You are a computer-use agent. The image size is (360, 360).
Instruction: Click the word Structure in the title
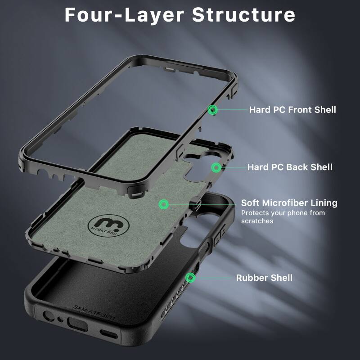(243, 14)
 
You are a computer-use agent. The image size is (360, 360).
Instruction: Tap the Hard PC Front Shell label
(292, 109)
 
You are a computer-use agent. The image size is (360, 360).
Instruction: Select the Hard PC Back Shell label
(290, 167)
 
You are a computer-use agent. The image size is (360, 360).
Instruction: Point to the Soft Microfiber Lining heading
(289, 203)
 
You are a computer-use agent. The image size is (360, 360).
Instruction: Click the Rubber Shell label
(264, 278)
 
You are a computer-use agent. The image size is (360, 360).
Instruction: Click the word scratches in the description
(257, 221)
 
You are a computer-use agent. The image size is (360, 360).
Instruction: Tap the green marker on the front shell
(213, 109)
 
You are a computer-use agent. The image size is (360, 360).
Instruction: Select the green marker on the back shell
(216, 167)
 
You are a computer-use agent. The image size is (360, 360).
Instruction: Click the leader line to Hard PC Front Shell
(232, 109)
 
